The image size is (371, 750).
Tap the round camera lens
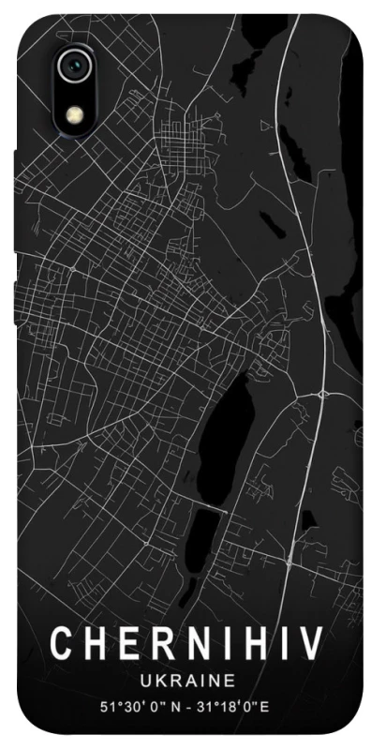pos(74,67)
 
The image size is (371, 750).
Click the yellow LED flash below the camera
pos(74,114)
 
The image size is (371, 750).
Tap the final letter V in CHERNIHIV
pos(311,645)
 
